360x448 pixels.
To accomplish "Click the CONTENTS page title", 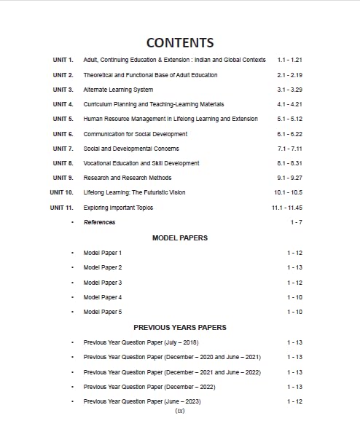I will (180, 43).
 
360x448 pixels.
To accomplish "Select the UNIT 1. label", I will (63, 60).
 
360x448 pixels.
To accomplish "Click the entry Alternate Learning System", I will (118, 90).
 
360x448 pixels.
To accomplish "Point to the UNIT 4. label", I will (63, 104).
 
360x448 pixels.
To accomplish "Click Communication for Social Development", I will (135, 134).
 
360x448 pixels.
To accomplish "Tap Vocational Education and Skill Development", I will (141, 163).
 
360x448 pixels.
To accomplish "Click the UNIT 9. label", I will (63, 178).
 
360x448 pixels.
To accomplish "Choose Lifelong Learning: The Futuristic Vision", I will (134, 193).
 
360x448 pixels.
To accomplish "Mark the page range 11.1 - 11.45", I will (287, 208).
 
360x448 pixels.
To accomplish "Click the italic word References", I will (99, 222).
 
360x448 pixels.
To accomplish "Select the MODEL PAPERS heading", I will (180, 238).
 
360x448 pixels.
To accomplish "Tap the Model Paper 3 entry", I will (103, 283).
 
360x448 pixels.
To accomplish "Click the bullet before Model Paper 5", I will (72, 313).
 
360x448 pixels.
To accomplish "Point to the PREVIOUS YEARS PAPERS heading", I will (180, 328).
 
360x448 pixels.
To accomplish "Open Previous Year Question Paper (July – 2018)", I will (141, 342).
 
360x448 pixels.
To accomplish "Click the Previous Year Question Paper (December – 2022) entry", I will (149, 387).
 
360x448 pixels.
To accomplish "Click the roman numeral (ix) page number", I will (180, 411).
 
